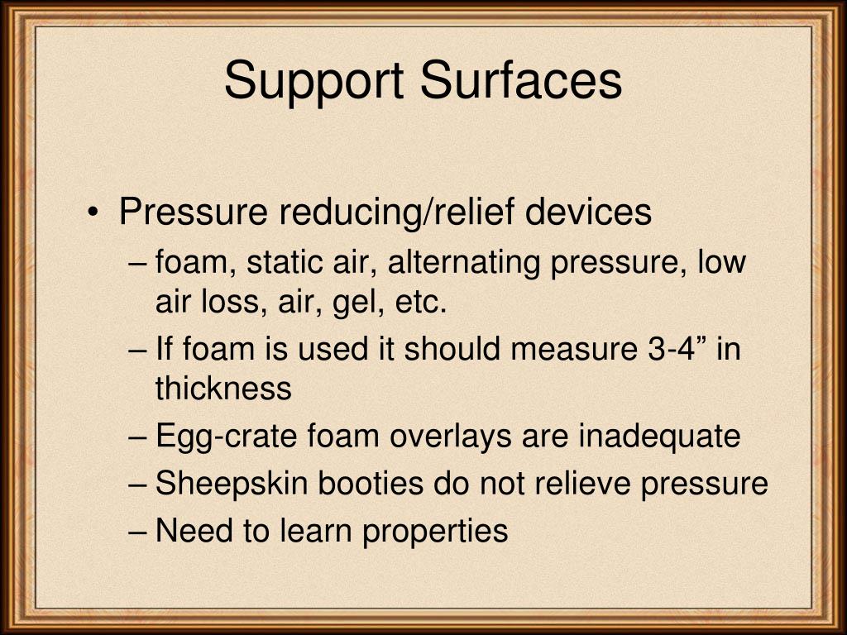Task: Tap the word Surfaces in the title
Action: click(x=520, y=80)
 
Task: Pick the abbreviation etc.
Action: click(x=420, y=303)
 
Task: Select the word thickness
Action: click(x=223, y=389)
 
